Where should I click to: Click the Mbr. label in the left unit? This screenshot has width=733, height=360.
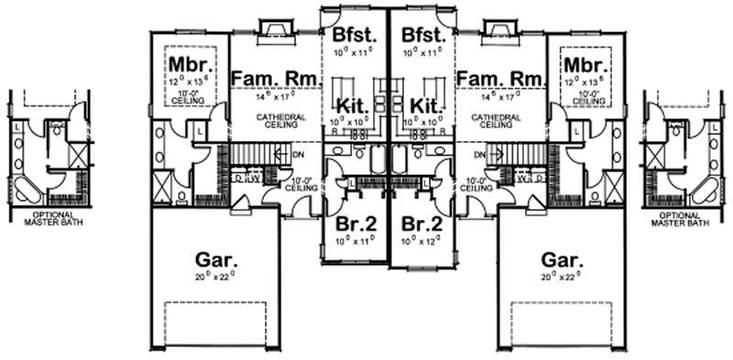[x=191, y=66]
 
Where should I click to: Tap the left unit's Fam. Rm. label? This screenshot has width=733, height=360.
[x=276, y=80]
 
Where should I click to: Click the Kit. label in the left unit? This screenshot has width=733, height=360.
[x=353, y=105]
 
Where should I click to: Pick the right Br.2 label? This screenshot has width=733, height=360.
[x=422, y=225]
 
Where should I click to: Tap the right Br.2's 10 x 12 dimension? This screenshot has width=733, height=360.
[x=422, y=242]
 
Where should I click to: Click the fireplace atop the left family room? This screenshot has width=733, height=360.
[x=275, y=32]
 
